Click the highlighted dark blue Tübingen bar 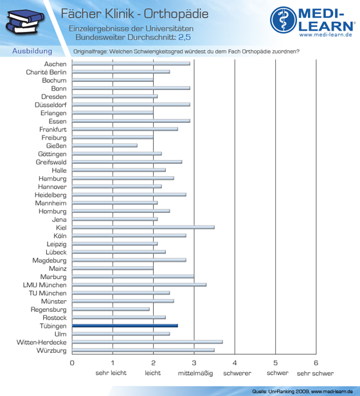tap(125, 326)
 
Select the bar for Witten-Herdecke tap(147, 342)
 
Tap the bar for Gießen tap(105, 145)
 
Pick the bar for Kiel tap(143, 228)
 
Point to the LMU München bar tap(139, 285)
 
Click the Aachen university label tap(55, 64)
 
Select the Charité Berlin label tap(46, 72)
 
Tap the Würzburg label tap(51, 350)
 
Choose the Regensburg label tap(48, 310)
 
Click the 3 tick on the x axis tap(194, 363)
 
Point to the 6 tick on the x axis tap(316, 363)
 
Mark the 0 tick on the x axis tap(72, 363)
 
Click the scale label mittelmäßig tap(195, 373)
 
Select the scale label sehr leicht tap(111, 373)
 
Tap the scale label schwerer tap(237, 373)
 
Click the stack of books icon tap(25, 22)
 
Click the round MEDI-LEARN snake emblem tap(283, 20)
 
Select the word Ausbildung tap(32, 51)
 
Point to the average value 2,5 tap(184, 37)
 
